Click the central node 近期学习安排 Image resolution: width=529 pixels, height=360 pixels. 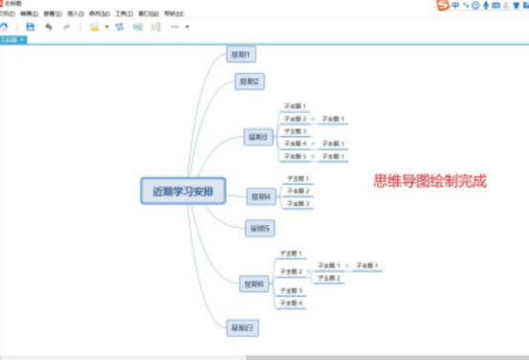point(183,190)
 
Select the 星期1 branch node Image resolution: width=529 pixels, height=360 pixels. point(239,55)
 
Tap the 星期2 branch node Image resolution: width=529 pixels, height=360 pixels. point(249,81)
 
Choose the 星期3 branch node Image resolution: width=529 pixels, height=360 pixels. point(258,137)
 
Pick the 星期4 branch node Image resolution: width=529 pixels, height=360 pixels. point(261,196)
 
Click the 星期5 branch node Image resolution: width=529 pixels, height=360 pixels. point(259,228)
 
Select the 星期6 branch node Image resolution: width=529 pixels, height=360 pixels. point(253,283)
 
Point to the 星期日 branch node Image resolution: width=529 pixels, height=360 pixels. point(242,328)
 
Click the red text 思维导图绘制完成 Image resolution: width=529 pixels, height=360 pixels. point(430,180)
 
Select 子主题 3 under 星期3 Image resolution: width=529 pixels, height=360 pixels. point(295,130)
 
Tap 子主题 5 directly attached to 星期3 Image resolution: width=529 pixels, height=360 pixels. point(295,155)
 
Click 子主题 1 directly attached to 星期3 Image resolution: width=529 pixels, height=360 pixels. point(295,106)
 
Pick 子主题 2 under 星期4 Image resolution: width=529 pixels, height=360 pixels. point(298,191)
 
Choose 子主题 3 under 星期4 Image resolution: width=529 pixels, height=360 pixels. point(298,203)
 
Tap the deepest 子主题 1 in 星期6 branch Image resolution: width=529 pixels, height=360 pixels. point(367,264)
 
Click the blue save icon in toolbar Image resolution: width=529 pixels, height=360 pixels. point(31,27)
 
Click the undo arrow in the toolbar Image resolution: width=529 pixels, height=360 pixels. point(49,27)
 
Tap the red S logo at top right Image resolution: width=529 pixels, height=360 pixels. point(442,6)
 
